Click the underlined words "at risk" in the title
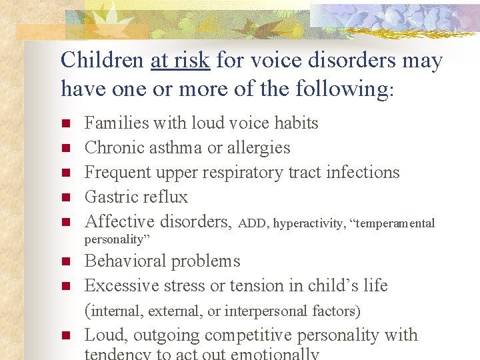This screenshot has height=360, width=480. pyautogui.click(x=181, y=61)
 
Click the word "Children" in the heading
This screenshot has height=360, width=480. pyautogui.click(x=102, y=61)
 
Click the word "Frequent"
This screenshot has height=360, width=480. pyautogui.click(x=118, y=172)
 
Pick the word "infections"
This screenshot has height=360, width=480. pyautogui.click(x=363, y=172)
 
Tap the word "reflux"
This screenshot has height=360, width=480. pyautogui.click(x=165, y=197)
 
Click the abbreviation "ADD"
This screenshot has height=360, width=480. pyautogui.click(x=253, y=223)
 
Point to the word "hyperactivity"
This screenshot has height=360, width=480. pyautogui.click(x=309, y=223)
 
